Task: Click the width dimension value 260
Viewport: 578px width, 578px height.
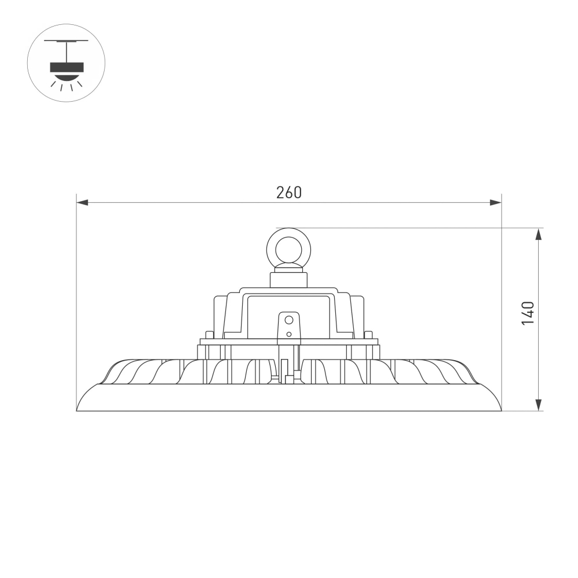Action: (x=288, y=192)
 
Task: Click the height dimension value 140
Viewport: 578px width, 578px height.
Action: (x=528, y=313)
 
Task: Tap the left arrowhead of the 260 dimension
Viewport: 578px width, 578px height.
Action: (x=82, y=202)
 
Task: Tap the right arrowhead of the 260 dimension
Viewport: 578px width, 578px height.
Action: (x=495, y=202)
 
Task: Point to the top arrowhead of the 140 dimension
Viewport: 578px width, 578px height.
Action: (x=539, y=234)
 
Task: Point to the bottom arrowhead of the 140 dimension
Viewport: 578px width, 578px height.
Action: (x=539, y=405)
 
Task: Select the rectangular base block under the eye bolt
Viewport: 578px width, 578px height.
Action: (x=288, y=280)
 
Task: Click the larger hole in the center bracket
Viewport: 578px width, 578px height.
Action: (x=289, y=320)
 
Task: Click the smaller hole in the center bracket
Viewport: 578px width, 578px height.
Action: (x=289, y=334)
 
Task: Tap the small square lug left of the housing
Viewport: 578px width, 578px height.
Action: (x=209, y=335)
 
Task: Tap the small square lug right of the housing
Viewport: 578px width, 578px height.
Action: (x=368, y=335)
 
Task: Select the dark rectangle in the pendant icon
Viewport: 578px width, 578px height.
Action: (x=66, y=67)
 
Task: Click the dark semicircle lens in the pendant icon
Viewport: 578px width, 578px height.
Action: (x=66, y=75)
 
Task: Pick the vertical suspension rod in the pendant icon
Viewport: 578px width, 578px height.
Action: (x=66, y=51)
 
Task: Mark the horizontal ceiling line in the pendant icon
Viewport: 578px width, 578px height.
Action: (x=66, y=41)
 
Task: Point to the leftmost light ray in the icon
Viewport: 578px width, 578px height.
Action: (x=53, y=84)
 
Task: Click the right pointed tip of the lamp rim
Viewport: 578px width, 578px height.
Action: (x=500, y=410)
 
